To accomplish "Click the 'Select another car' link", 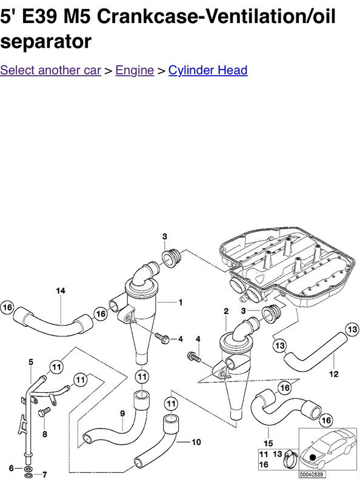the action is (51, 70).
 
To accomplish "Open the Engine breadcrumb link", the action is (135, 70).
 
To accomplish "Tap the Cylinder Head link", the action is (208, 70).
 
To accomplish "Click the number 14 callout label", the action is (61, 291).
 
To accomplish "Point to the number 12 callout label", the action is (334, 374).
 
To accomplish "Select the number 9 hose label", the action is (122, 413).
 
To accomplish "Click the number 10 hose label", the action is (196, 443).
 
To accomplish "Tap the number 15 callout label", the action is (268, 444).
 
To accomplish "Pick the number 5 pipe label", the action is (31, 362).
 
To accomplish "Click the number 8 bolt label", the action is (45, 434).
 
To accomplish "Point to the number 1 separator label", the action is (181, 302).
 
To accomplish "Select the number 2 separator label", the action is (226, 311).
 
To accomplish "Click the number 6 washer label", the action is (12, 468).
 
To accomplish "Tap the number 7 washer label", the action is (44, 475).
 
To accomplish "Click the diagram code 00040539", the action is (312, 475).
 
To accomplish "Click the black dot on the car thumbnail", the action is (313, 457).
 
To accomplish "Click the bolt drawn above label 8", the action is (44, 412).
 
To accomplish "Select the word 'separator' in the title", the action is (46, 42).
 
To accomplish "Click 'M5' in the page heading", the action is (77, 16).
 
